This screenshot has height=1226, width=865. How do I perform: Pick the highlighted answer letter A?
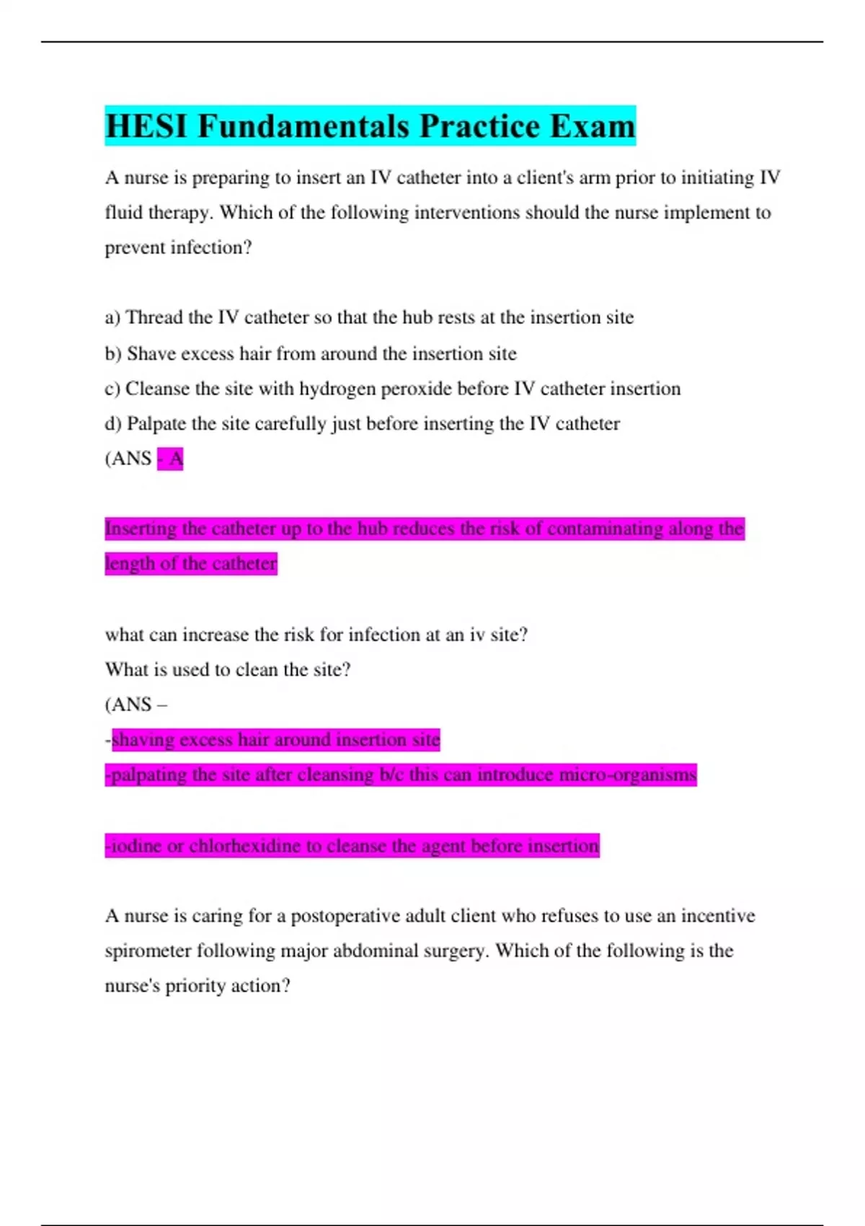tap(176, 459)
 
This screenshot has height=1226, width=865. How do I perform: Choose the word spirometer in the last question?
tap(148, 951)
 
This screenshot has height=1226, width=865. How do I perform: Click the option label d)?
tap(113, 423)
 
